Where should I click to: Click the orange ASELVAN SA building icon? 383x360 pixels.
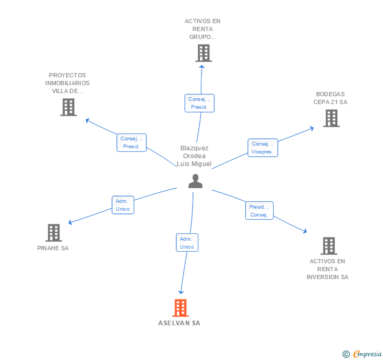pyautogui.click(x=180, y=308)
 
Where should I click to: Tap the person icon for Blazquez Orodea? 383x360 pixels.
pyautogui.click(x=195, y=181)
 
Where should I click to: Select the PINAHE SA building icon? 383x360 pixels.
pyautogui.click(x=54, y=233)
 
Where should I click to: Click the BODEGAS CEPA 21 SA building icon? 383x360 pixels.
pyautogui.click(x=331, y=118)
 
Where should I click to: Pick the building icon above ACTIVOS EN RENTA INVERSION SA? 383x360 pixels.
pyautogui.click(x=329, y=246)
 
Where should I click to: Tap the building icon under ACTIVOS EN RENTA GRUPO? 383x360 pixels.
pyautogui.click(x=204, y=53)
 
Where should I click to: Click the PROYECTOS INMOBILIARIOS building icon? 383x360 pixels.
pyautogui.click(x=68, y=107)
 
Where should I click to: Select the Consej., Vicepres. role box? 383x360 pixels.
pyautogui.click(x=263, y=148)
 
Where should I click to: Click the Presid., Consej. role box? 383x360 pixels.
pyautogui.click(x=259, y=211)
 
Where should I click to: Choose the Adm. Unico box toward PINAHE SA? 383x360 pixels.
pyautogui.click(x=123, y=205)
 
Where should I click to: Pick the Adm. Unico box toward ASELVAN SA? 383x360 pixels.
pyautogui.click(x=187, y=243)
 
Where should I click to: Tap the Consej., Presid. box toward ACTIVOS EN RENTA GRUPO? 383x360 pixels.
pyautogui.click(x=199, y=103)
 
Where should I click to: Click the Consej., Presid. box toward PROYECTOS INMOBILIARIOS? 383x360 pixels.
pyautogui.click(x=132, y=142)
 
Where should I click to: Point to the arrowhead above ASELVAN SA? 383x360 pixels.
pyautogui.click(x=181, y=292)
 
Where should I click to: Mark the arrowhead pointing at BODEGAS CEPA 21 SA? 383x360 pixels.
pyautogui.click(x=311, y=128)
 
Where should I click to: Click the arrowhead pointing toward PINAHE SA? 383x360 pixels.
pyautogui.click(x=70, y=222)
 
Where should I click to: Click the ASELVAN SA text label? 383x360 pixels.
pyautogui.click(x=179, y=323)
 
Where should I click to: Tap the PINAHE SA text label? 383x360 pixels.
pyautogui.click(x=53, y=248)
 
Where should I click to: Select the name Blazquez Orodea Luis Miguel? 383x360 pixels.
pyautogui.click(x=194, y=156)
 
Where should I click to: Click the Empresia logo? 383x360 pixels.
pyautogui.click(x=362, y=354)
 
